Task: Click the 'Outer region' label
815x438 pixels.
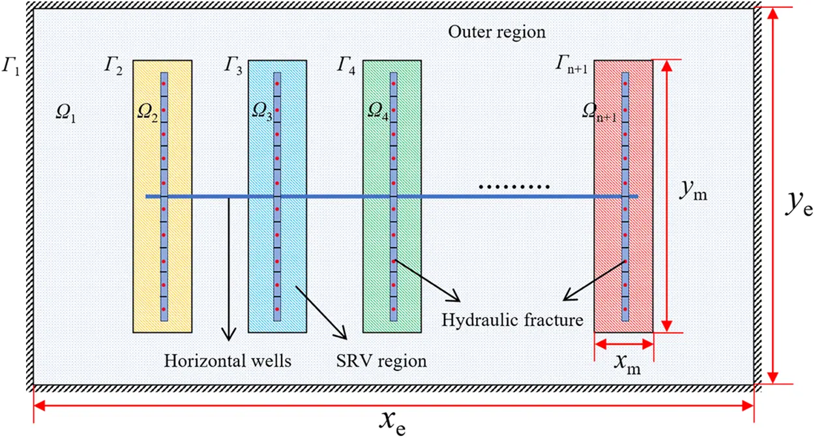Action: tap(497, 31)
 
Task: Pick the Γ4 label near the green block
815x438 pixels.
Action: tap(346, 66)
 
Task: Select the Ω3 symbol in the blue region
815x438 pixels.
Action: tap(262, 112)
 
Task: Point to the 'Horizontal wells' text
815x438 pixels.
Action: tap(228, 360)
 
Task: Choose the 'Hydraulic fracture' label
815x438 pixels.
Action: tap(512, 320)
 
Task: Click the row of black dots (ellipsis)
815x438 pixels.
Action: tap(514, 187)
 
